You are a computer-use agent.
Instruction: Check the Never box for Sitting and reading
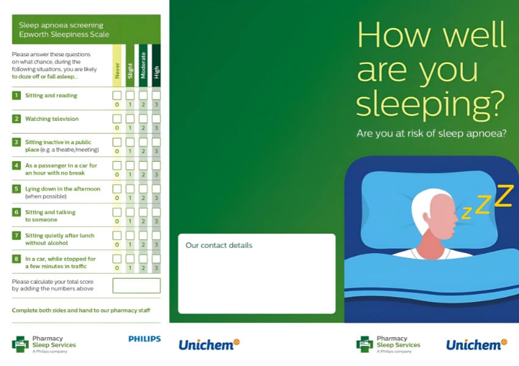117,96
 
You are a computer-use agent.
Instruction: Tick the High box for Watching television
156,119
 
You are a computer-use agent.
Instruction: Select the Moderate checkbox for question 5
143,188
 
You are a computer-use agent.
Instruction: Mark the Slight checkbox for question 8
130,259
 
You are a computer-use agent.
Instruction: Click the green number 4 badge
16,165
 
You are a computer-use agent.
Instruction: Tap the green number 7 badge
16,235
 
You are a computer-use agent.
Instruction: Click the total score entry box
136,285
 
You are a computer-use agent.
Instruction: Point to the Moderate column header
143,65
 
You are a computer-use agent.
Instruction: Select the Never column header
117,65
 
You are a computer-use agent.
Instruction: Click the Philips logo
145,339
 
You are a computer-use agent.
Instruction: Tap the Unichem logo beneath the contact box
209,345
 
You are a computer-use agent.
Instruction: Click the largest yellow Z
504,196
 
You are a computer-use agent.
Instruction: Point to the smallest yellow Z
466,213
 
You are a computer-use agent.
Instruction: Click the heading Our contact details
219,245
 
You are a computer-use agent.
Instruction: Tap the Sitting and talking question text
50,216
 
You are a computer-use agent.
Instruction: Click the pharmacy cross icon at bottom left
20,344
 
